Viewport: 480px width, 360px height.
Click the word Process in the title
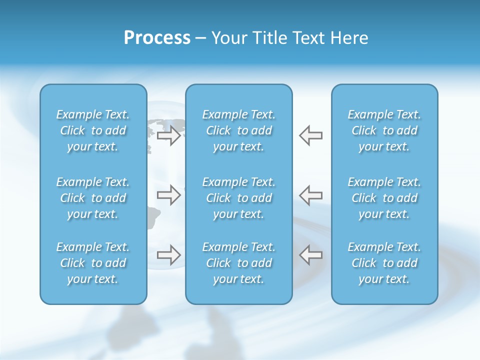coord(157,38)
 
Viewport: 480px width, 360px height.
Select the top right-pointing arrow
coord(168,135)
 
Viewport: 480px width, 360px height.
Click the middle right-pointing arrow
coord(168,195)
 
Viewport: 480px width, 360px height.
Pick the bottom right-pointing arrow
coord(168,255)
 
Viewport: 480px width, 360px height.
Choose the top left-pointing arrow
coord(310,135)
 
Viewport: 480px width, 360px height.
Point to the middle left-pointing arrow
coord(310,195)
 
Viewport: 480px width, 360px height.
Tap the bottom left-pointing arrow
coord(310,255)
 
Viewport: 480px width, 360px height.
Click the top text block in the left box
coord(93,130)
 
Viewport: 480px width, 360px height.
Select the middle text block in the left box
coord(93,198)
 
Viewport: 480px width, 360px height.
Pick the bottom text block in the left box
coord(93,263)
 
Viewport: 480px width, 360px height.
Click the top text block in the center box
coord(239,130)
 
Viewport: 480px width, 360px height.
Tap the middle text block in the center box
coord(239,198)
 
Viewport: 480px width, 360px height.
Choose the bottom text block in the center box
coord(239,263)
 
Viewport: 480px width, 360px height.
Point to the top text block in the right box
coord(384,130)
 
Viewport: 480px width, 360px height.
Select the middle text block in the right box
coord(384,198)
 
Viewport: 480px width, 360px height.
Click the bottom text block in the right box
coord(384,263)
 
